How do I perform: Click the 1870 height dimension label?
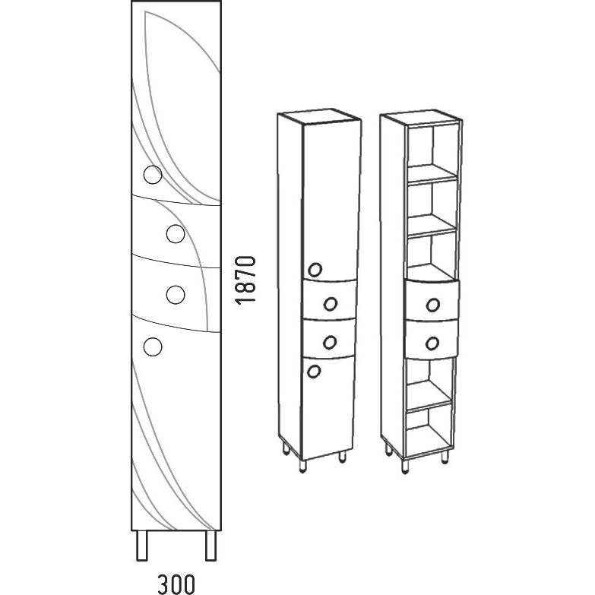pyautogui.click(x=245, y=280)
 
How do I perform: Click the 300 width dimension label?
pyautogui.click(x=176, y=584)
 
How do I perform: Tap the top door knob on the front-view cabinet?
pyautogui.click(x=153, y=175)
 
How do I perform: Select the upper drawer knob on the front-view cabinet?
pyautogui.click(x=176, y=234)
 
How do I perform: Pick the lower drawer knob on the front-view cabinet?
pyautogui.click(x=176, y=295)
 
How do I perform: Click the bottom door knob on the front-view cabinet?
pyautogui.click(x=153, y=347)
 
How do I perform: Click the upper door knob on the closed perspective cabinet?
pyautogui.click(x=315, y=270)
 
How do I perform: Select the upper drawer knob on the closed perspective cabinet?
pyautogui.click(x=330, y=303)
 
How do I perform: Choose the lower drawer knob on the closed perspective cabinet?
pyautogui.click(x=330, y=342)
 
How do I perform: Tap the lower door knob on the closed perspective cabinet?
pyautogui.click(x=314, y=372)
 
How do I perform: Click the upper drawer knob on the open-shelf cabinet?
pyautogui.click(x=433, y=305)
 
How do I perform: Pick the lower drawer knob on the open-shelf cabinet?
pyautogui.click(x=432, y=343)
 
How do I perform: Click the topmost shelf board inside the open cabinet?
pyautogui.click(x=432, y=174)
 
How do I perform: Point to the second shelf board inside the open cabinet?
pyautogui.click(x=432, y=225)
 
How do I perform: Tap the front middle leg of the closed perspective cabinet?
pyautogui.click(x=302, y=467)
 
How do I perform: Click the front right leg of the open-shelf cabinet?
pyautogui.click(x=445, y=457)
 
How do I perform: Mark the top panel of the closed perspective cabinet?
pyautogui.click(x=319, y=117)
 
